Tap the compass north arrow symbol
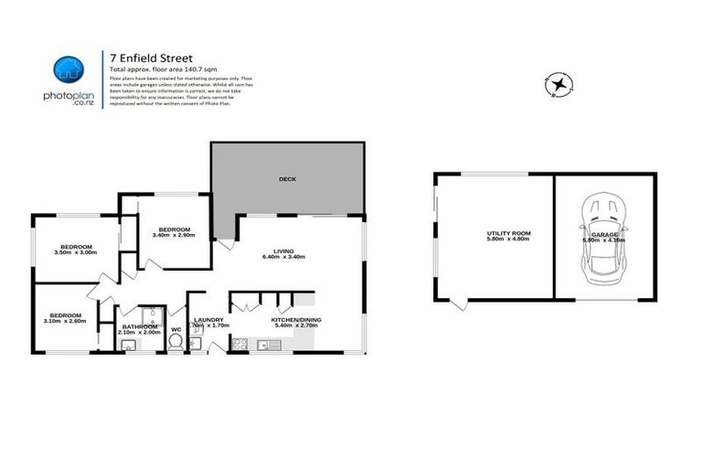pyautogui.click(x=558, y=85)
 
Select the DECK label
pyautogui.click(x=288, y=179)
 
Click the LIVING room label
pyautogui.click(x=282, y=250)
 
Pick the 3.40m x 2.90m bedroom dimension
pyautogui.click(x=174, y=236)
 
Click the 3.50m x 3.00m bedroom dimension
pyautogui.click(x=76, y=254)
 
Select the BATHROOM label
pyautogui.click(x=139, y=325)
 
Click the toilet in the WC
pyautogui.click(x=193, y=343)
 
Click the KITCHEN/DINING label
pyautogui.click(x=295, y=319)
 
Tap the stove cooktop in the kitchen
pyautogui.click(x=241, y=345)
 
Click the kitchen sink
pyautogui.click(x=267, y=345)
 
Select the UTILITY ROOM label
pyautogui.click(x=508, y=233)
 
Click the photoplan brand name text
pyautogui.click(x=69, y=95)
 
